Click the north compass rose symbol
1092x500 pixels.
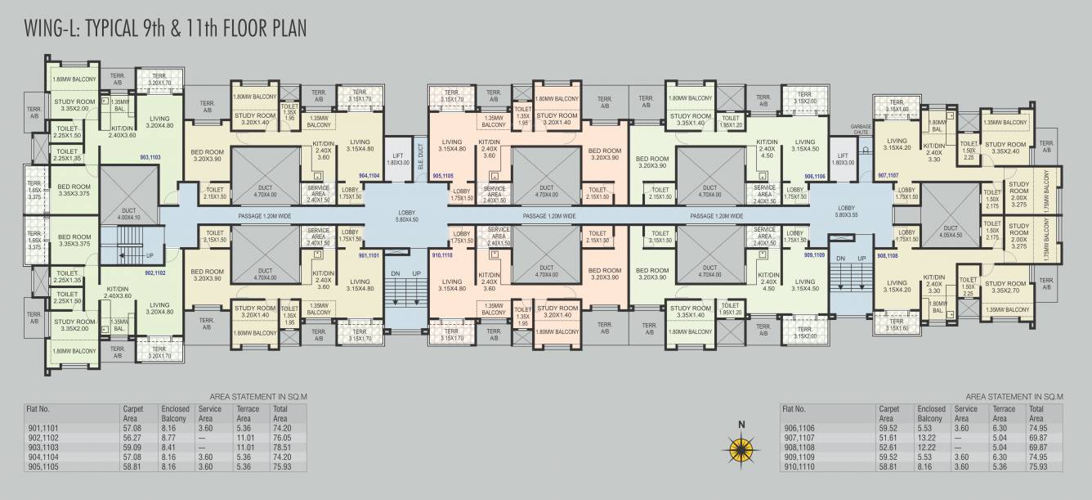pos(741,448)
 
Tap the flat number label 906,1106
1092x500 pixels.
pos(814,176)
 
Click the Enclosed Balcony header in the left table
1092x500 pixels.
pos(176,412)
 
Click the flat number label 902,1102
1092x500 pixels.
pos(155,273)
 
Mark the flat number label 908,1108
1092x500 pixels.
pos(888,256)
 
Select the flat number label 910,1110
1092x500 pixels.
pos(442,256)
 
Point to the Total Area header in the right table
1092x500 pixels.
pos(1036,412)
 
